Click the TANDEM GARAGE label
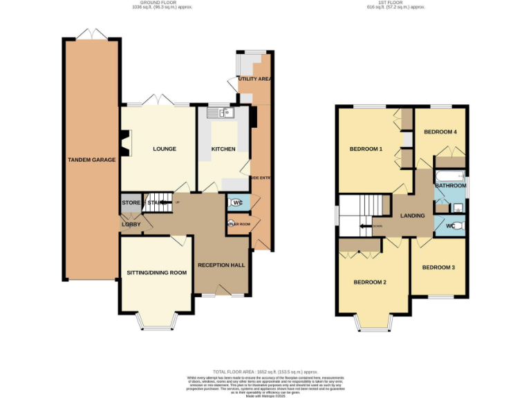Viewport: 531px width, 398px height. [x=91, y=160]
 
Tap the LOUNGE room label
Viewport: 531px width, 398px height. [x=164, y=149]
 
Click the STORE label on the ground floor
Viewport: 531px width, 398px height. [x=131, y=202]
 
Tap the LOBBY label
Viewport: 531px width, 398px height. [x=131, y=224]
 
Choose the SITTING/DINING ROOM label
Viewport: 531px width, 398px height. [x=157, y=272]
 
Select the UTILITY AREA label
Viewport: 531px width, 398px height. [x=254, y=79]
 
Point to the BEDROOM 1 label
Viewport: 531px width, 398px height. [x=366, y=149]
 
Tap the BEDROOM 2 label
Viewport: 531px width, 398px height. [x=370, y=282]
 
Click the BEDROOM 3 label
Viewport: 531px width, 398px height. [x=438, y=267]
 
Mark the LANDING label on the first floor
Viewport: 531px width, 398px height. [x=413, y=216]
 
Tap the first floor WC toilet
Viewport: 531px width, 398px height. [x=458, y=225]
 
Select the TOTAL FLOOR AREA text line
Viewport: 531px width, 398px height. [x=265, y=372]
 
